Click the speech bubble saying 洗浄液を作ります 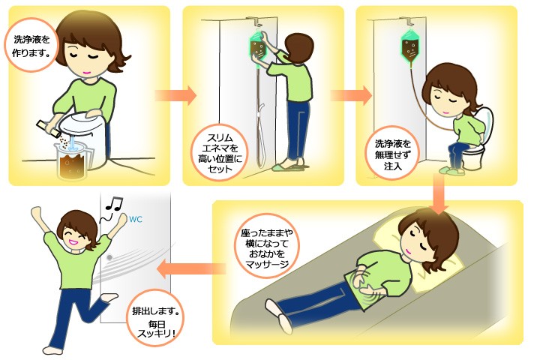(x=31, y=45)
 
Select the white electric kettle (x=84, y=137)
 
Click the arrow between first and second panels (x=175, y=95)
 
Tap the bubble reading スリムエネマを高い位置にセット (x=220, y=153)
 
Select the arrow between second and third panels (x=350, y=95)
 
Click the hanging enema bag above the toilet (x=410, y=46)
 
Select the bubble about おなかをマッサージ (x=267, y=249)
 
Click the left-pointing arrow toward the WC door (x=191, y=268)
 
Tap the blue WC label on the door (x=136, y=220)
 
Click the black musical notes (x=114, y=204)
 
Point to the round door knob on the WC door (x=109, y=257)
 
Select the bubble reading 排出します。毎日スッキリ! (x=156, y=319)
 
